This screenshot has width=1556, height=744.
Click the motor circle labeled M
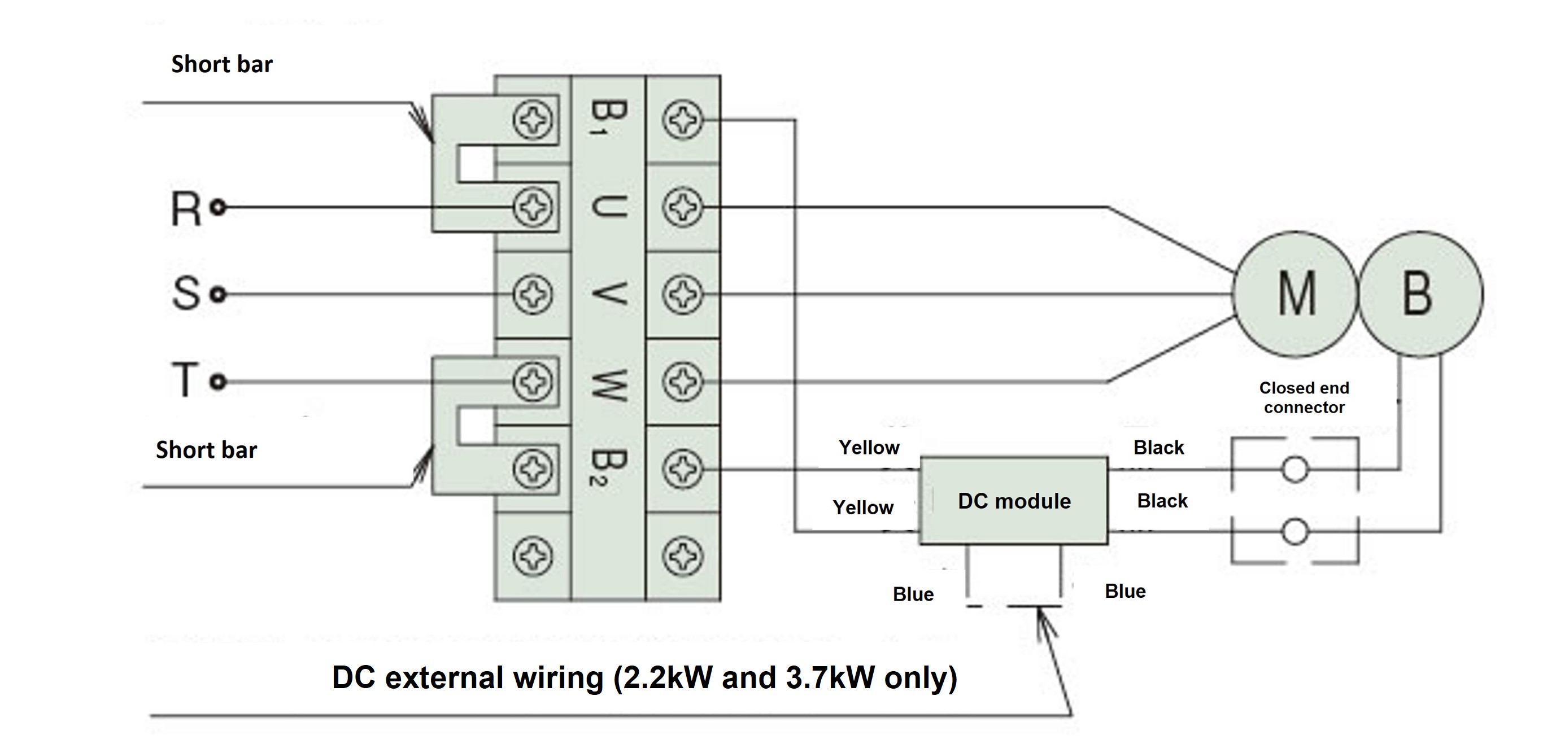click(x=1295, y=294)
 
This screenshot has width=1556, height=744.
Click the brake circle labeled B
click(x=1419, y=294)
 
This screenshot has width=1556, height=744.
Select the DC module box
click(x=1014, y=501)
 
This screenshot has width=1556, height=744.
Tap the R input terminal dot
click(x=218, y=208)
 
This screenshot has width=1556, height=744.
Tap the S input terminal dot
click(x=218, y=295)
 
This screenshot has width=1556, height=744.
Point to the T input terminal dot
click(x=218, y=382)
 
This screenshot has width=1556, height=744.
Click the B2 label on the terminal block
click(x=608, y=467)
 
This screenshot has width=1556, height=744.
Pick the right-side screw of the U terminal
click(x=683, y=207)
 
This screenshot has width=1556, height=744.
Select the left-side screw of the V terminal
click(x=532, y=295)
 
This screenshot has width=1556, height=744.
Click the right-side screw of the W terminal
click(x=683, y=382)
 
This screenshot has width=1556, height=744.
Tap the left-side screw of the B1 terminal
click(x=532, y=120)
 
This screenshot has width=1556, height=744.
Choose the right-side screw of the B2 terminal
click(x=683, y=469)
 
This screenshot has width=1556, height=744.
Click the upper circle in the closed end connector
click(x=1295, y=469)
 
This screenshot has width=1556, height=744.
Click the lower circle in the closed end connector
click(x=1295, y=531)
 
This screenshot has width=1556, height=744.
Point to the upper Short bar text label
click(x=222, y=64)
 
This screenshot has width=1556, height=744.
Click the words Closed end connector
click(x=1304, y=397)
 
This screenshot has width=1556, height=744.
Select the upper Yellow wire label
click(x=869, y=448)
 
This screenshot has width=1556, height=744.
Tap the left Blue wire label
click(x=913, y=594)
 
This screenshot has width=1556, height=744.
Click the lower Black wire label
click(x=1162, y=501)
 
